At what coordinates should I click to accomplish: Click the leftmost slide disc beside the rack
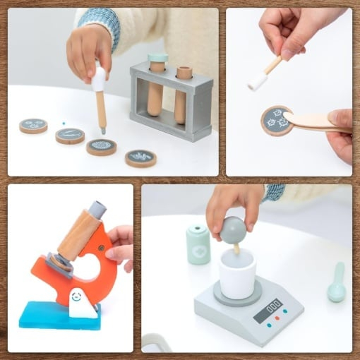33,126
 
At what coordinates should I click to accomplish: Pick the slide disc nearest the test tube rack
140,157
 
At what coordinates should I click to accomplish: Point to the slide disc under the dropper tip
102,147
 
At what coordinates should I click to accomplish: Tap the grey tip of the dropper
102,130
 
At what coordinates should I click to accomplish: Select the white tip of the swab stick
257,82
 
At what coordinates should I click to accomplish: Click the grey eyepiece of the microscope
96,210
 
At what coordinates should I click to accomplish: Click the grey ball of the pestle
233,229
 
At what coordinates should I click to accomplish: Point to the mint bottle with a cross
198,245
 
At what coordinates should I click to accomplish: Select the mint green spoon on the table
337,283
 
